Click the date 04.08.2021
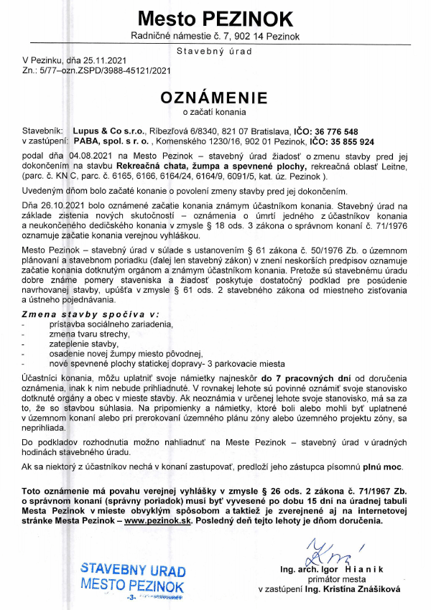(x=94, y=156)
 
